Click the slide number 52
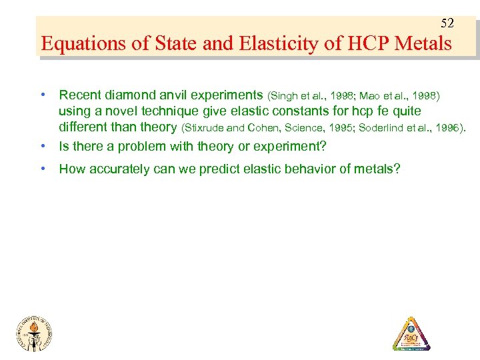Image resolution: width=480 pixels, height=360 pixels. (447, 23)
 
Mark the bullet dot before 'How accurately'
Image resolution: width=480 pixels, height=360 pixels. (43, 169)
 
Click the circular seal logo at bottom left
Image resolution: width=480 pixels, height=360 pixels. (34, 331)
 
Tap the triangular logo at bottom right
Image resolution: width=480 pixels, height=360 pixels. (411, 332)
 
